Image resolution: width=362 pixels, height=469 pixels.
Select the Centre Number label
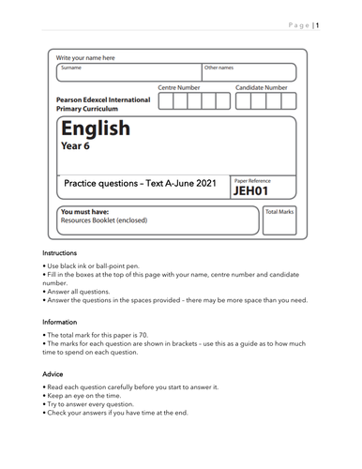178,87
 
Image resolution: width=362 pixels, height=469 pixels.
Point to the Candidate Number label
261,87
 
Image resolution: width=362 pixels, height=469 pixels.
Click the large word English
95,129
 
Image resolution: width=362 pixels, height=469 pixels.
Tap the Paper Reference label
254,179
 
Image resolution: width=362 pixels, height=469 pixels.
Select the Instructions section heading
60,254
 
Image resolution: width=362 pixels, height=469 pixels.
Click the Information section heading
61,322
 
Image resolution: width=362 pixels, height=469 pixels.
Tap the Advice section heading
53,373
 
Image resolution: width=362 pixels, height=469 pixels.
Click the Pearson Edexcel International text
102,99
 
